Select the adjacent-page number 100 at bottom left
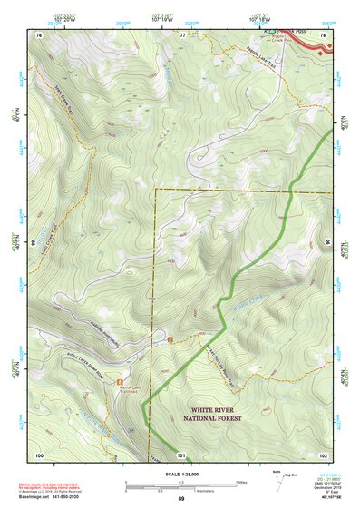(x=39, y=453)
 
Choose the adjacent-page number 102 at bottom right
(x=322, y=453)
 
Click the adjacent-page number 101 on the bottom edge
(x=180, y=453)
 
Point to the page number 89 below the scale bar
(x=181, y=499)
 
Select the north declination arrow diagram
(x=277, y=480)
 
